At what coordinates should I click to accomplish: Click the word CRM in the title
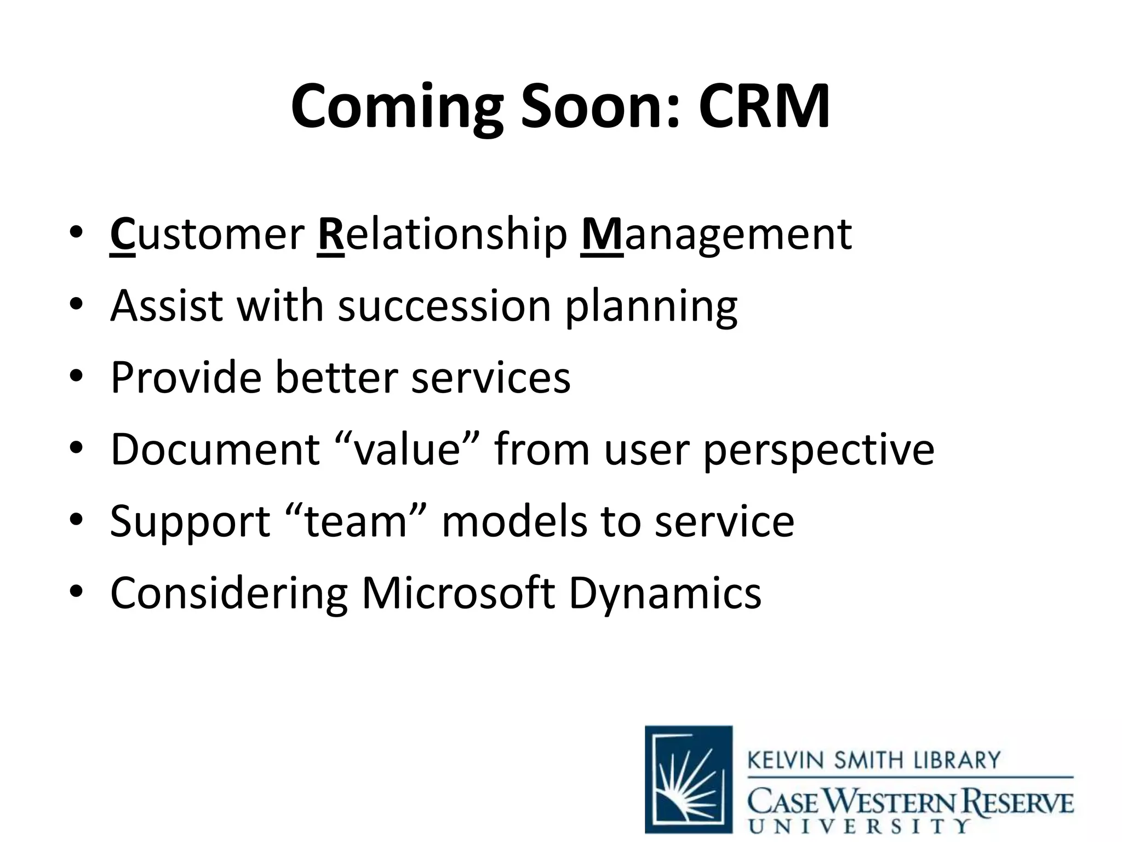coord(764,106)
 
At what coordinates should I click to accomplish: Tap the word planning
coord(651,307)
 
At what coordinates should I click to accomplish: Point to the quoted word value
coord(407,450)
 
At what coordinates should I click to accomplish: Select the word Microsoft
coord(458,593)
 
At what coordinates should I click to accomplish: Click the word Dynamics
coord(665,594)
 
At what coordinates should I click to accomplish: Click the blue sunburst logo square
coord(689,779)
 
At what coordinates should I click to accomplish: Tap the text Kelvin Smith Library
coord(873,760)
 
